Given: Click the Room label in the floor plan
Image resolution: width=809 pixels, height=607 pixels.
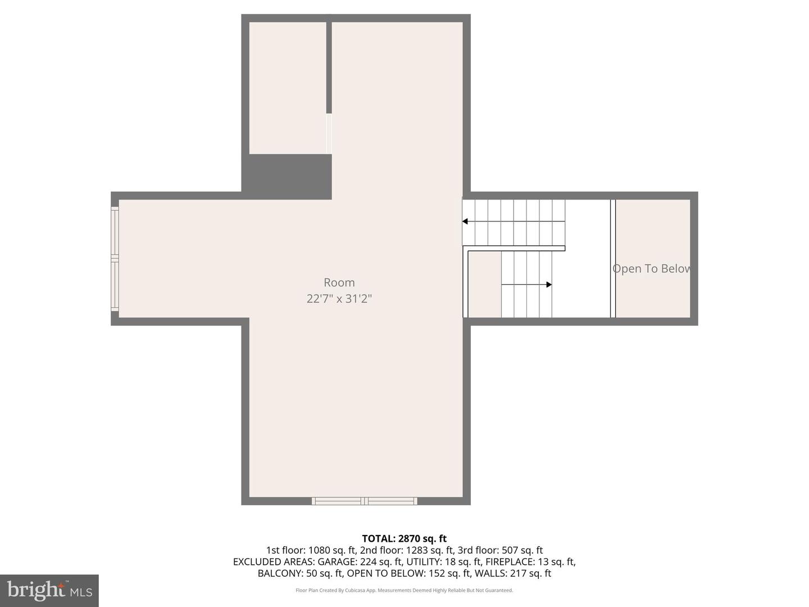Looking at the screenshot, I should click(339, 283).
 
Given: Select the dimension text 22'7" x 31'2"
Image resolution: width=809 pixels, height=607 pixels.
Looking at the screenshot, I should click(339, 298).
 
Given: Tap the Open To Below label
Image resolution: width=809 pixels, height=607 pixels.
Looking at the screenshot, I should click(652, 269).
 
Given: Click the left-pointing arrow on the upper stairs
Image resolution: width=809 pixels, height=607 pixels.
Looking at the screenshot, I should click(466, 221).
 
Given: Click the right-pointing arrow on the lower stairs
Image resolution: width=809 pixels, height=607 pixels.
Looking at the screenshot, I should click(548, 284).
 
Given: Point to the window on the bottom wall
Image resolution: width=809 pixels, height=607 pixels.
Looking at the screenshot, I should click(365, 501).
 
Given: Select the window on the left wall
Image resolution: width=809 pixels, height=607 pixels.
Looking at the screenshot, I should click(115, 259).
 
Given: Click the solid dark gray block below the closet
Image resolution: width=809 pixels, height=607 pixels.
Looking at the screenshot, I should click(287, 176).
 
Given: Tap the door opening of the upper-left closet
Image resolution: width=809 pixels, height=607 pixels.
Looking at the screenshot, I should click(329, 134).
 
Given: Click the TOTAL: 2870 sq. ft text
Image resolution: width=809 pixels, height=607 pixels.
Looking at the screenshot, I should click(404, 538).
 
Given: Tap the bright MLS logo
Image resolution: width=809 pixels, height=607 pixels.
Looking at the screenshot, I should click(49, 590).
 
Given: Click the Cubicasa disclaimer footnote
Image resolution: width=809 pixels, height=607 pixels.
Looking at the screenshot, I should click(404, 590).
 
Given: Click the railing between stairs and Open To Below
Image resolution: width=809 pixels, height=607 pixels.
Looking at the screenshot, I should click(613, 259).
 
